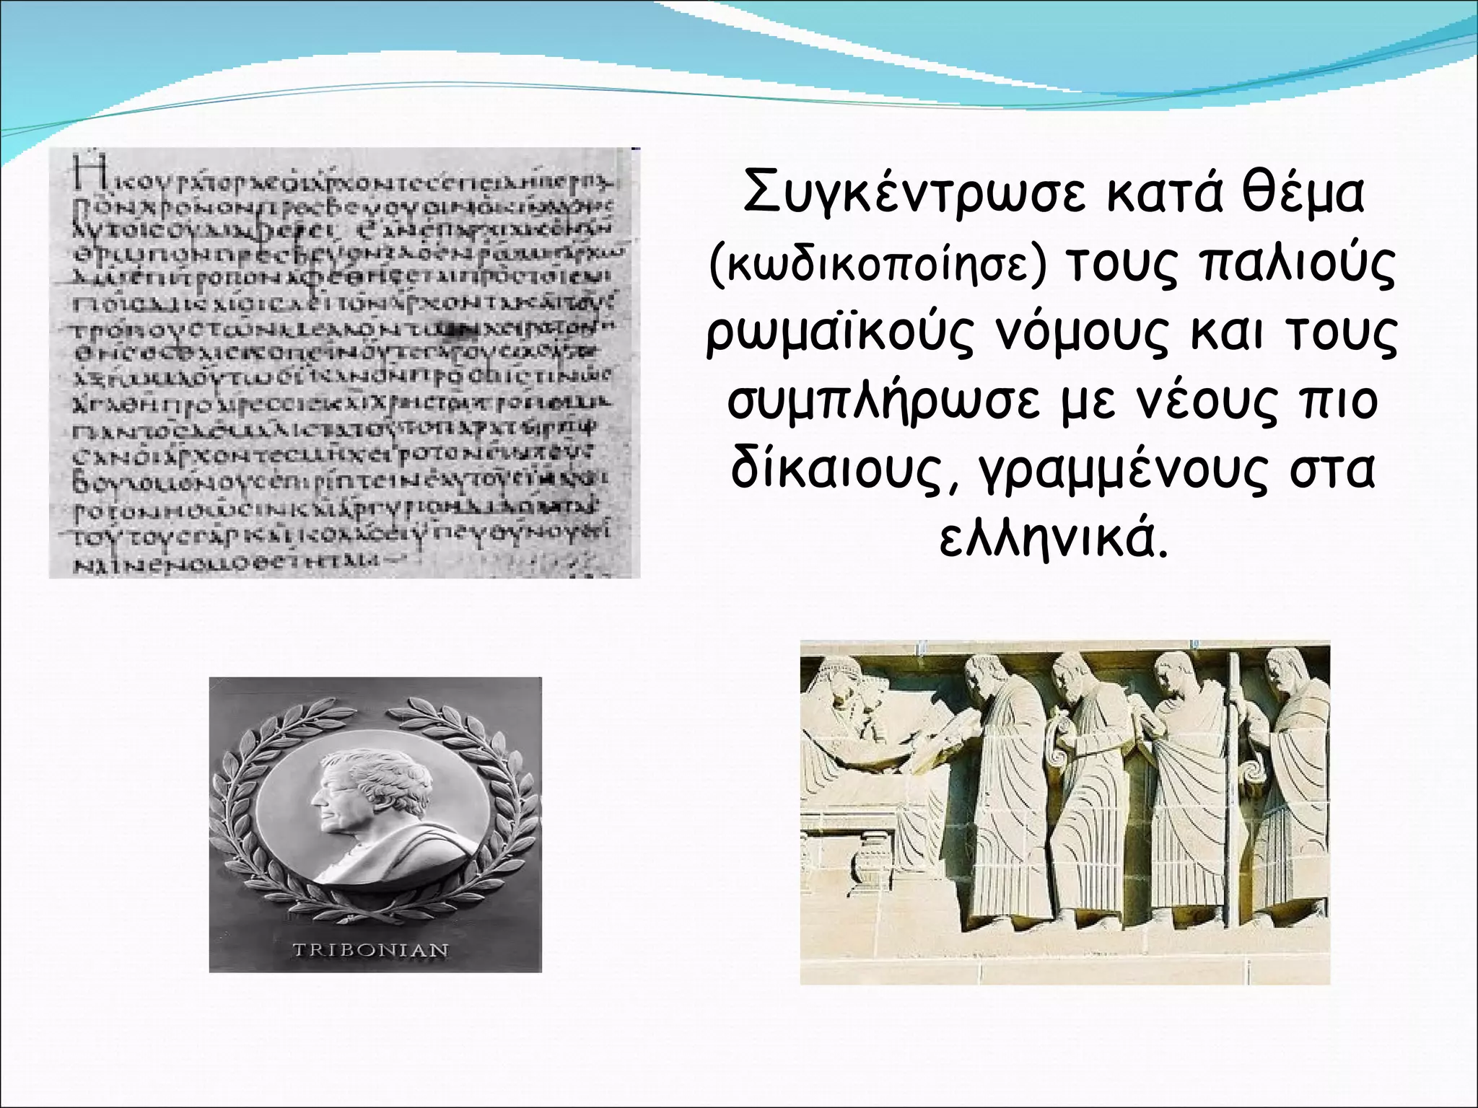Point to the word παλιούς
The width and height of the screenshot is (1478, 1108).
pos(1296,266)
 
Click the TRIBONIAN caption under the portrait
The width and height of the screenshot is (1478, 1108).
pos(370,949)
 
